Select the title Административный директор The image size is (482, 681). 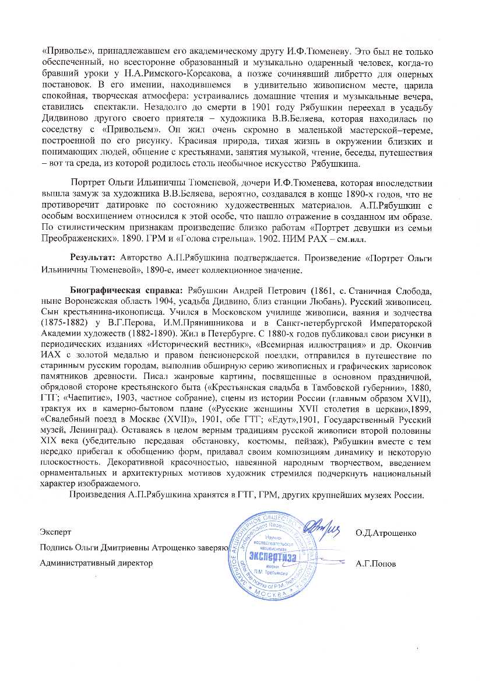click(96, 563)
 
